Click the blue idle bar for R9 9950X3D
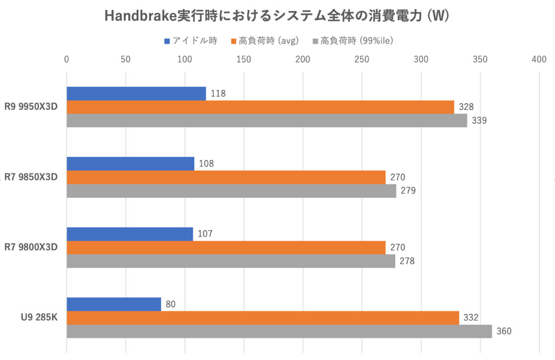coord(136,93)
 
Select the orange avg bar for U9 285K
coord(263,318)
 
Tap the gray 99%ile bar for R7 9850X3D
coord(231,191)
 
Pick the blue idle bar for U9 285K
coord(114,304)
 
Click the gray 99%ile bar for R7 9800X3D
coord(231,261)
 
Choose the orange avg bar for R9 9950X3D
coord(260,107)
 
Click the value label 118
coord(218,93)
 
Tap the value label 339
coord(479,121)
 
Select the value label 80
coord(171,304)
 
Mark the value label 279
coord(408,191)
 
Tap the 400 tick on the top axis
coord(539,60)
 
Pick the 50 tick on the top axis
coord(125,60)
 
